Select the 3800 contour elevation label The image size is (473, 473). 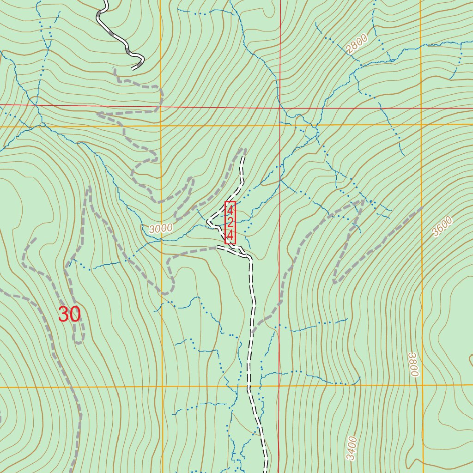point(413,364)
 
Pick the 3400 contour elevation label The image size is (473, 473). point(352,448)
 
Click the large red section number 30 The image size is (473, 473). point(70,315)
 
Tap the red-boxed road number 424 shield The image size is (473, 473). point(230,223)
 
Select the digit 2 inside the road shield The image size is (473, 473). point(230,223)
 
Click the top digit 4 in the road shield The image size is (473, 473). point(230,210)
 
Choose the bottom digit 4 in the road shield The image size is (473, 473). point(230,236)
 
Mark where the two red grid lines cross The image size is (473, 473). point(279,107)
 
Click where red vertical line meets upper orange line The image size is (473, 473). point(279,125)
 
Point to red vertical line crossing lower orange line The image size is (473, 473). point(279,385)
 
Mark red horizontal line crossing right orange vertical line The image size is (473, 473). point(421,109)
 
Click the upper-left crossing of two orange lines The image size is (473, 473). point(161,125)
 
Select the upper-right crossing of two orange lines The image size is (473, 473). point(421,124)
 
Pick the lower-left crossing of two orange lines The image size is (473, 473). point(162,386)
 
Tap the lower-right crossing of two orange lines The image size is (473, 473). point(422,385)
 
